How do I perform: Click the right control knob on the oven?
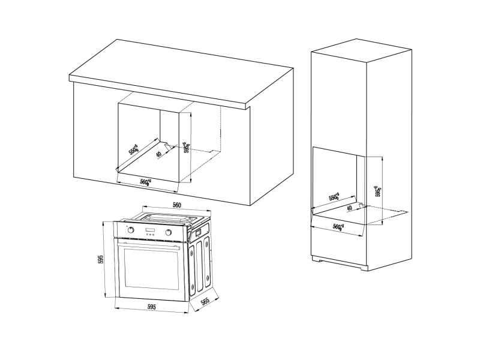pos(169,233)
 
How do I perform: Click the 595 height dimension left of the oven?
pos(102,259)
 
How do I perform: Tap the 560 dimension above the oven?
pos(177,205)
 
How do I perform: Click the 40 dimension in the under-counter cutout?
pos(158,154)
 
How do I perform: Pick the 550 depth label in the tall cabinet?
pos(334,197)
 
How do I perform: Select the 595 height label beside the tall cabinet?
pos(377,191)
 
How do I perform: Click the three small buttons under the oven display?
pos(150,235)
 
